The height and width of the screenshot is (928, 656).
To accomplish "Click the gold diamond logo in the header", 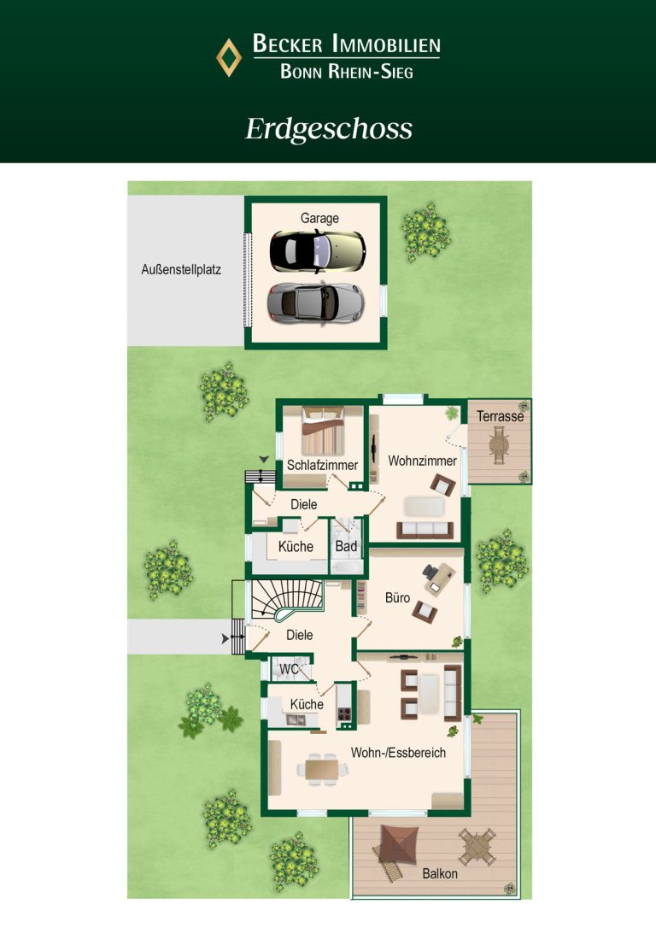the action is click(228, 57).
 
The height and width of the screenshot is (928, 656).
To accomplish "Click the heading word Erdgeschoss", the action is click(329, 129).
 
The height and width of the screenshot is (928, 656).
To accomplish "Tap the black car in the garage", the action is click(318, 251).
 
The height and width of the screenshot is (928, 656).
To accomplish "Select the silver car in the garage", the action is click(315, 302).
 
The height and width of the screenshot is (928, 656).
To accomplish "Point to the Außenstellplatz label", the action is click(181, 270).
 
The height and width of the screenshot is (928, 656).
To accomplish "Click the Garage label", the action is click(319, 219).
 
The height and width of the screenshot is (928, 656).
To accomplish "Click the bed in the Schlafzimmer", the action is click(323, 431).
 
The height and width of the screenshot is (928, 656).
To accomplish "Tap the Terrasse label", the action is click(500, 416).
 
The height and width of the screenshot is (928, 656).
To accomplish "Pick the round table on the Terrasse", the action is click(499, 445).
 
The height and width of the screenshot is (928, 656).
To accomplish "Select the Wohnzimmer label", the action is click(422, 461).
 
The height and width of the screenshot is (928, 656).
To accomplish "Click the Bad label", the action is click(346, 546).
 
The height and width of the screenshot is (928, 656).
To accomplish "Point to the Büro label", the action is click(397, 598).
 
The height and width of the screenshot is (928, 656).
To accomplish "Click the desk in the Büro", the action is click(441, 579).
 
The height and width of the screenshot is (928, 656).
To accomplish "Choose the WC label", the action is click(289, 669).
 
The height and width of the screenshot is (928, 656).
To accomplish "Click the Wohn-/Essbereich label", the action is click(398, 753).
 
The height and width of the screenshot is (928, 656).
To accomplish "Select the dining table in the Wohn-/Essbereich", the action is click(322, 769).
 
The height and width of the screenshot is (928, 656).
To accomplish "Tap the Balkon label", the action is click(440, 873).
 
